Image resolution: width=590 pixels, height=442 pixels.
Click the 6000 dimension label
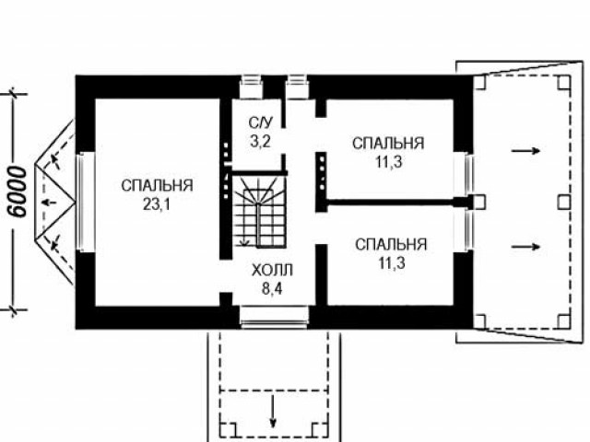click(18, 192)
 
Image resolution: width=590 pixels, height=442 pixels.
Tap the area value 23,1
click(157, 204)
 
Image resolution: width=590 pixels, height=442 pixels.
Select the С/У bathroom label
click(260, 122)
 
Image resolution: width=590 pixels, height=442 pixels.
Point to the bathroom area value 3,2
click(260, 142)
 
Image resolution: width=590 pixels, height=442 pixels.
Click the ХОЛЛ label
click(272, 270)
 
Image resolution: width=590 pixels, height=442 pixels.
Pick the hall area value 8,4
click(272, 288)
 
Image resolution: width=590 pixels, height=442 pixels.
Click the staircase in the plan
click(259, 211)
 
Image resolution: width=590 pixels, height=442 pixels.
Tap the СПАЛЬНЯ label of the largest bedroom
click(157, 186)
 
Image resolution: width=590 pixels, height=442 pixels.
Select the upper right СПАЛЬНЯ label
click(388, 144)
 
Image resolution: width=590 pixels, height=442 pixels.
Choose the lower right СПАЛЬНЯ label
click(391, 245)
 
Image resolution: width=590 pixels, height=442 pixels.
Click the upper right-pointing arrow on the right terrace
click(525, 151)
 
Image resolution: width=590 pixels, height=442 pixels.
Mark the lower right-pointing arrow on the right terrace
click(525, 247)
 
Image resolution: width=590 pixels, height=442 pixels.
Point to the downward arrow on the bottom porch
click(273, 411)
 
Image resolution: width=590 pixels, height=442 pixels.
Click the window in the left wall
click(85, 203)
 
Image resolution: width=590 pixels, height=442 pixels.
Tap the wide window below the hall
click(274, 317)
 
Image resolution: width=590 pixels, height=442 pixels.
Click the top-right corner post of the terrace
click(564, 82)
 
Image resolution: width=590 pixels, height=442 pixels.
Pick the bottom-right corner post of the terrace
click(564, 321)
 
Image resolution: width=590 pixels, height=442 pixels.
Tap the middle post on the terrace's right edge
click(563, 203)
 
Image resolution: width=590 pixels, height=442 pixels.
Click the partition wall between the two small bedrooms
click(390, 203)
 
